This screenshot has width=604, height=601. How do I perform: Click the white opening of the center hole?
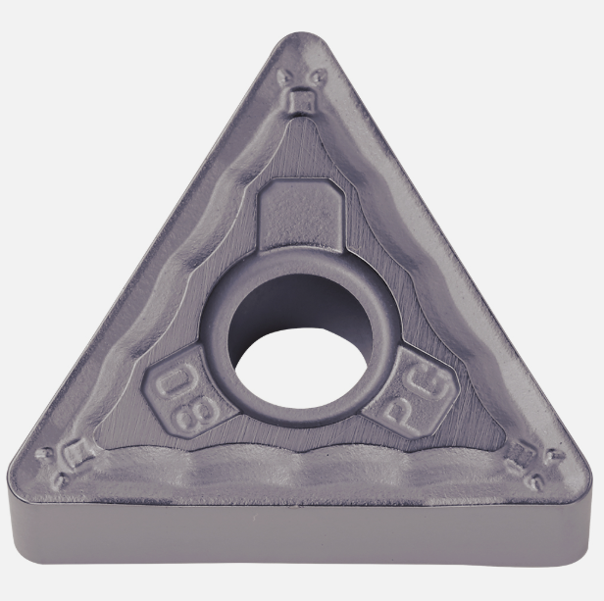click(302, 367)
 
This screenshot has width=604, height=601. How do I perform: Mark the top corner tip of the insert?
click(301, 33)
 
